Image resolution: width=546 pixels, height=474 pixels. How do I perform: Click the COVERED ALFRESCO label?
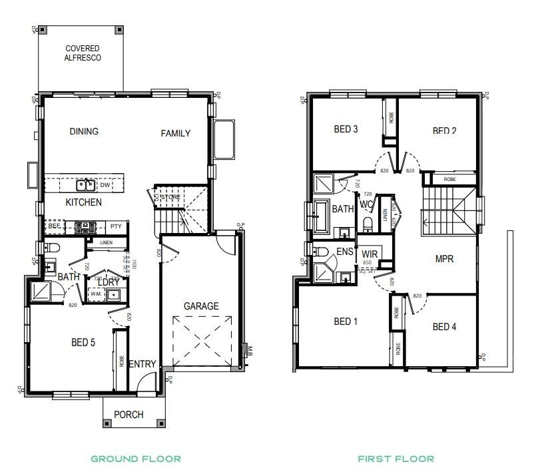click(x=83, y=53)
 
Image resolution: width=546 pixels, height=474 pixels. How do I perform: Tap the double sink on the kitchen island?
click(x=85, y=185)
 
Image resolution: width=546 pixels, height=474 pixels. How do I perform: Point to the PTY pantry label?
click(x=115, y=226)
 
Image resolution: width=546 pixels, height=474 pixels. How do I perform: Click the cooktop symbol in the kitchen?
click(x=85, y=227)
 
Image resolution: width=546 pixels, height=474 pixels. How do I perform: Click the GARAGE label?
click(x=201, y=306)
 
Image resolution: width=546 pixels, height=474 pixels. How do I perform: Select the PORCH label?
click(x=129, y=414)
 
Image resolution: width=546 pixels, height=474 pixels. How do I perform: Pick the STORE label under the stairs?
click(x=171, y=197)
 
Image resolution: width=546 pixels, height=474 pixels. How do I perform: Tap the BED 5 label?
click(x=83, y=344)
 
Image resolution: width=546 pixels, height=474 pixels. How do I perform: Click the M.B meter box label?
click(x=250, y=351)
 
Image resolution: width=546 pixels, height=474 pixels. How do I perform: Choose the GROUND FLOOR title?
click(x=136, y=459)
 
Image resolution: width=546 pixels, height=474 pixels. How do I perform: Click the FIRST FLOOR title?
click(x=396, y=459)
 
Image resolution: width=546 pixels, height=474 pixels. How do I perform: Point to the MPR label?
click(x=444, y=258)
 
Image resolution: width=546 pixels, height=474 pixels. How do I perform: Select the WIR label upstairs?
click(x=370, y=254)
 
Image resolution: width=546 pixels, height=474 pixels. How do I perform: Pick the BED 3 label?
click(x=346, y=129)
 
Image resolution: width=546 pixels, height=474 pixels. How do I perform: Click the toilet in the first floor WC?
click(x=368, y=223)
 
